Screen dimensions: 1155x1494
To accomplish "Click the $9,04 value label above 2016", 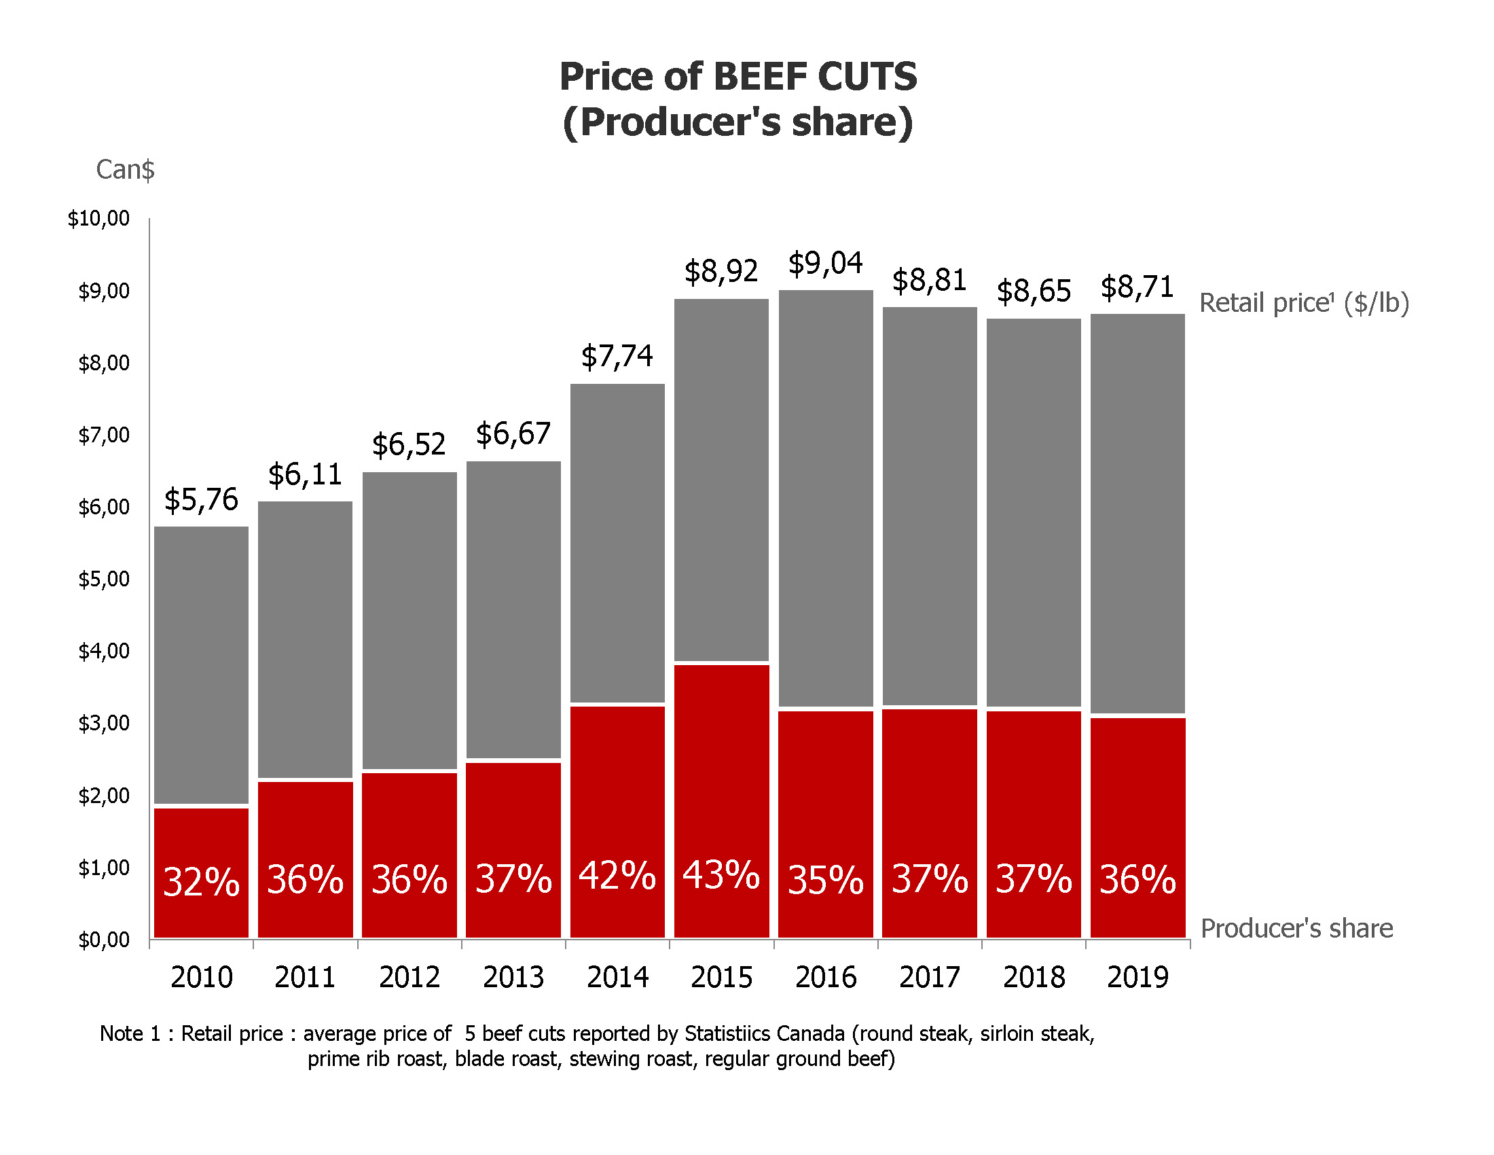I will (825, 264).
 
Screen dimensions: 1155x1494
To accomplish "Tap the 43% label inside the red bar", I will (721, 875).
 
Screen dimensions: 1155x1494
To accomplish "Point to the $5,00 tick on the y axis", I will (103, 580).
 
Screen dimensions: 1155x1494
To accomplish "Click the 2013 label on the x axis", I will (513, 977).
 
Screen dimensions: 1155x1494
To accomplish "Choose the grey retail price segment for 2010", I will (201, 664).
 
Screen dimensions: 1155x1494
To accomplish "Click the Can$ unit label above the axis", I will (125, 170).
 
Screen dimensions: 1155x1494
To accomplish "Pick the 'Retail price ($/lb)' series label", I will (1304, 303).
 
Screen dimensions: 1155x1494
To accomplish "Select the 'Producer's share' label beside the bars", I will (1296, 929).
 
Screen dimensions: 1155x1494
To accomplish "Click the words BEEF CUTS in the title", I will (815, 76).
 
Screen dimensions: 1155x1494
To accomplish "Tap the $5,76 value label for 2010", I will (201, 500).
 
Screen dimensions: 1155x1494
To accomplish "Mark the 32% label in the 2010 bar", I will (201, 881).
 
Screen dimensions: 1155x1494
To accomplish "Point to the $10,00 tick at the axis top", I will (98, 219).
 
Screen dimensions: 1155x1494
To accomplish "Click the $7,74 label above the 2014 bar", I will (617, 357).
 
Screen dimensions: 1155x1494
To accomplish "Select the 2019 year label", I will (1137, 977).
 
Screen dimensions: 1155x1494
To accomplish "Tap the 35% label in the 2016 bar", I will (825, 880).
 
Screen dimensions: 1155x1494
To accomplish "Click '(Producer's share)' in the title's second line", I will (737, 122).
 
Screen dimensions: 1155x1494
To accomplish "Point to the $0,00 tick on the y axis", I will (103, 940).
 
